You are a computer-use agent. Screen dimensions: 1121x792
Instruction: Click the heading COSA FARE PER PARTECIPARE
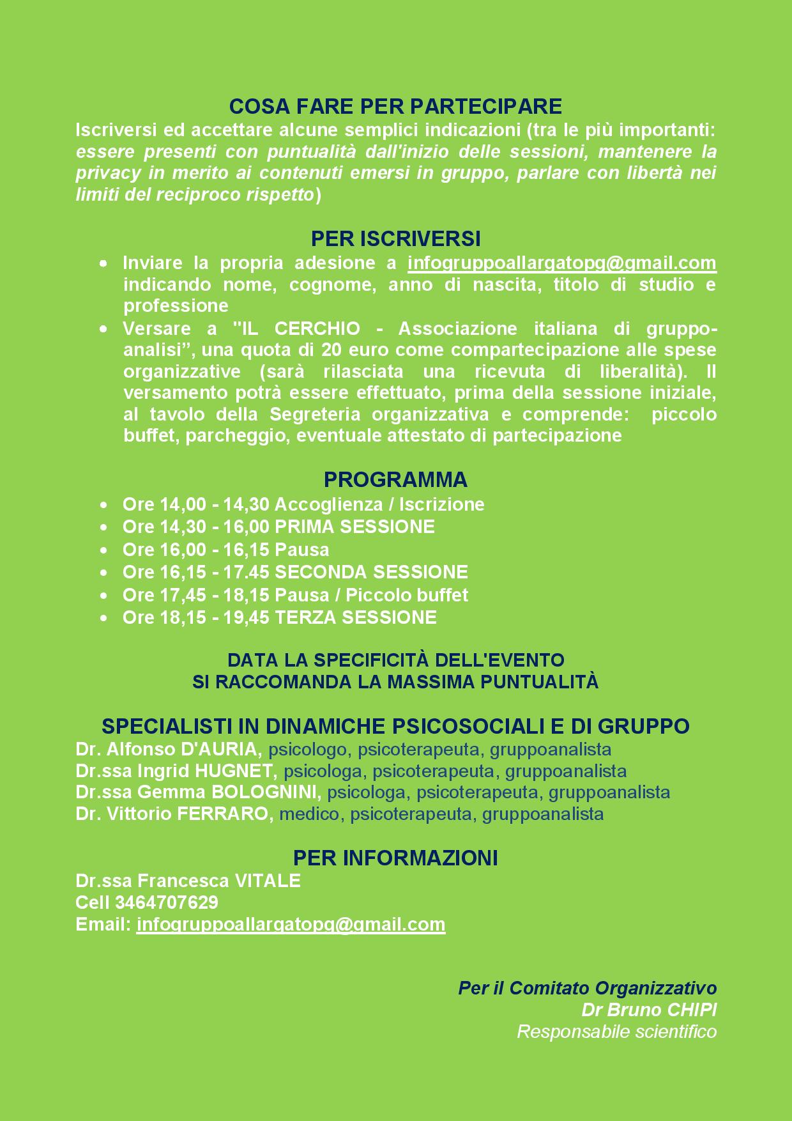pyautogui.click(x=395, y=106)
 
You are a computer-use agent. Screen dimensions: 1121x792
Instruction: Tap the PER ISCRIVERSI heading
pyautogui.click(x=395, y=238)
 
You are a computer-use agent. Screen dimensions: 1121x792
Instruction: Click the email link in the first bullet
pyautogui.click(x=561, y=263)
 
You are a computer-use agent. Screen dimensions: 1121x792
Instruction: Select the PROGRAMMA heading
pyautogui.click(x=395, y=479)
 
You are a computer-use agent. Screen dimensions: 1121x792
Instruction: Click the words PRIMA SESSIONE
pyautogui.click(x=354, y=527)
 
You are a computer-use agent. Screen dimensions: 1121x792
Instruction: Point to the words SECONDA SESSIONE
pyautogui.click(x=371, y=572)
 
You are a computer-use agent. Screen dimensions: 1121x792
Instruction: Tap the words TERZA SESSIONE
pyautogui.click(x=356, y=617)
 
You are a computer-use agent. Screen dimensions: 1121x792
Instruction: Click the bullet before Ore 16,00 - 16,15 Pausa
pyautogui.click(x=103, y=550)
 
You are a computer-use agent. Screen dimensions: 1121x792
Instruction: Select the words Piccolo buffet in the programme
pyautogui.click(x=407, y=595)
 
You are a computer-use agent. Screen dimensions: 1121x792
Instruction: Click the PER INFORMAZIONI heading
pyautogui.click(x=395, y=858)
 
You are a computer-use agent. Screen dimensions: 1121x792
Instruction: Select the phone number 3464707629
pyautogui.click(x=167, y=902)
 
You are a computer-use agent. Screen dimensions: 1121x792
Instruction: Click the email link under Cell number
pyautogui.click(x=291, y=925)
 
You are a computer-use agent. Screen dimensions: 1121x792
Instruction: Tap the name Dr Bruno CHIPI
pyautogui.click(x=649, y=1010)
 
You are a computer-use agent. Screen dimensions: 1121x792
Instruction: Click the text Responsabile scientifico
pyautogui.click(x=616, y=1032)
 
